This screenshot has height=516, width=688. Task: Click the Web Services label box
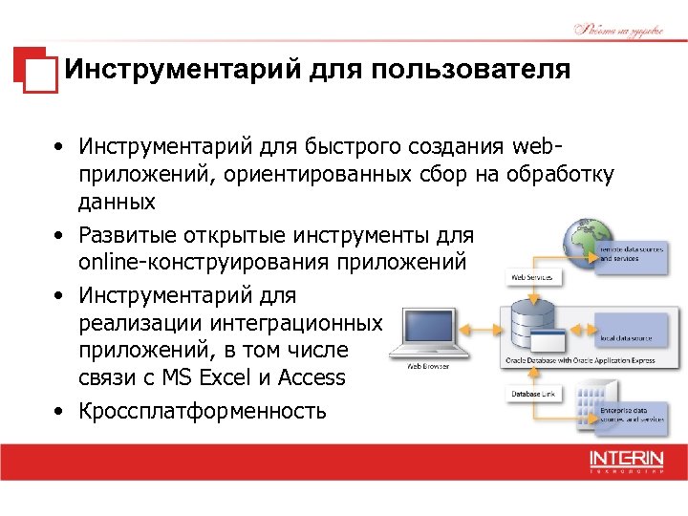(x=534, y=277)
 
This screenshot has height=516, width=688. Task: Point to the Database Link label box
(x=532, y=393)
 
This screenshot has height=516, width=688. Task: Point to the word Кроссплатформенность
(x=203, y=412)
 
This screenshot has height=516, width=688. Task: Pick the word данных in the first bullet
(x=117, y=204)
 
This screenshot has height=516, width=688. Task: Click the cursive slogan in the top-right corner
(x=618, y=29)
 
